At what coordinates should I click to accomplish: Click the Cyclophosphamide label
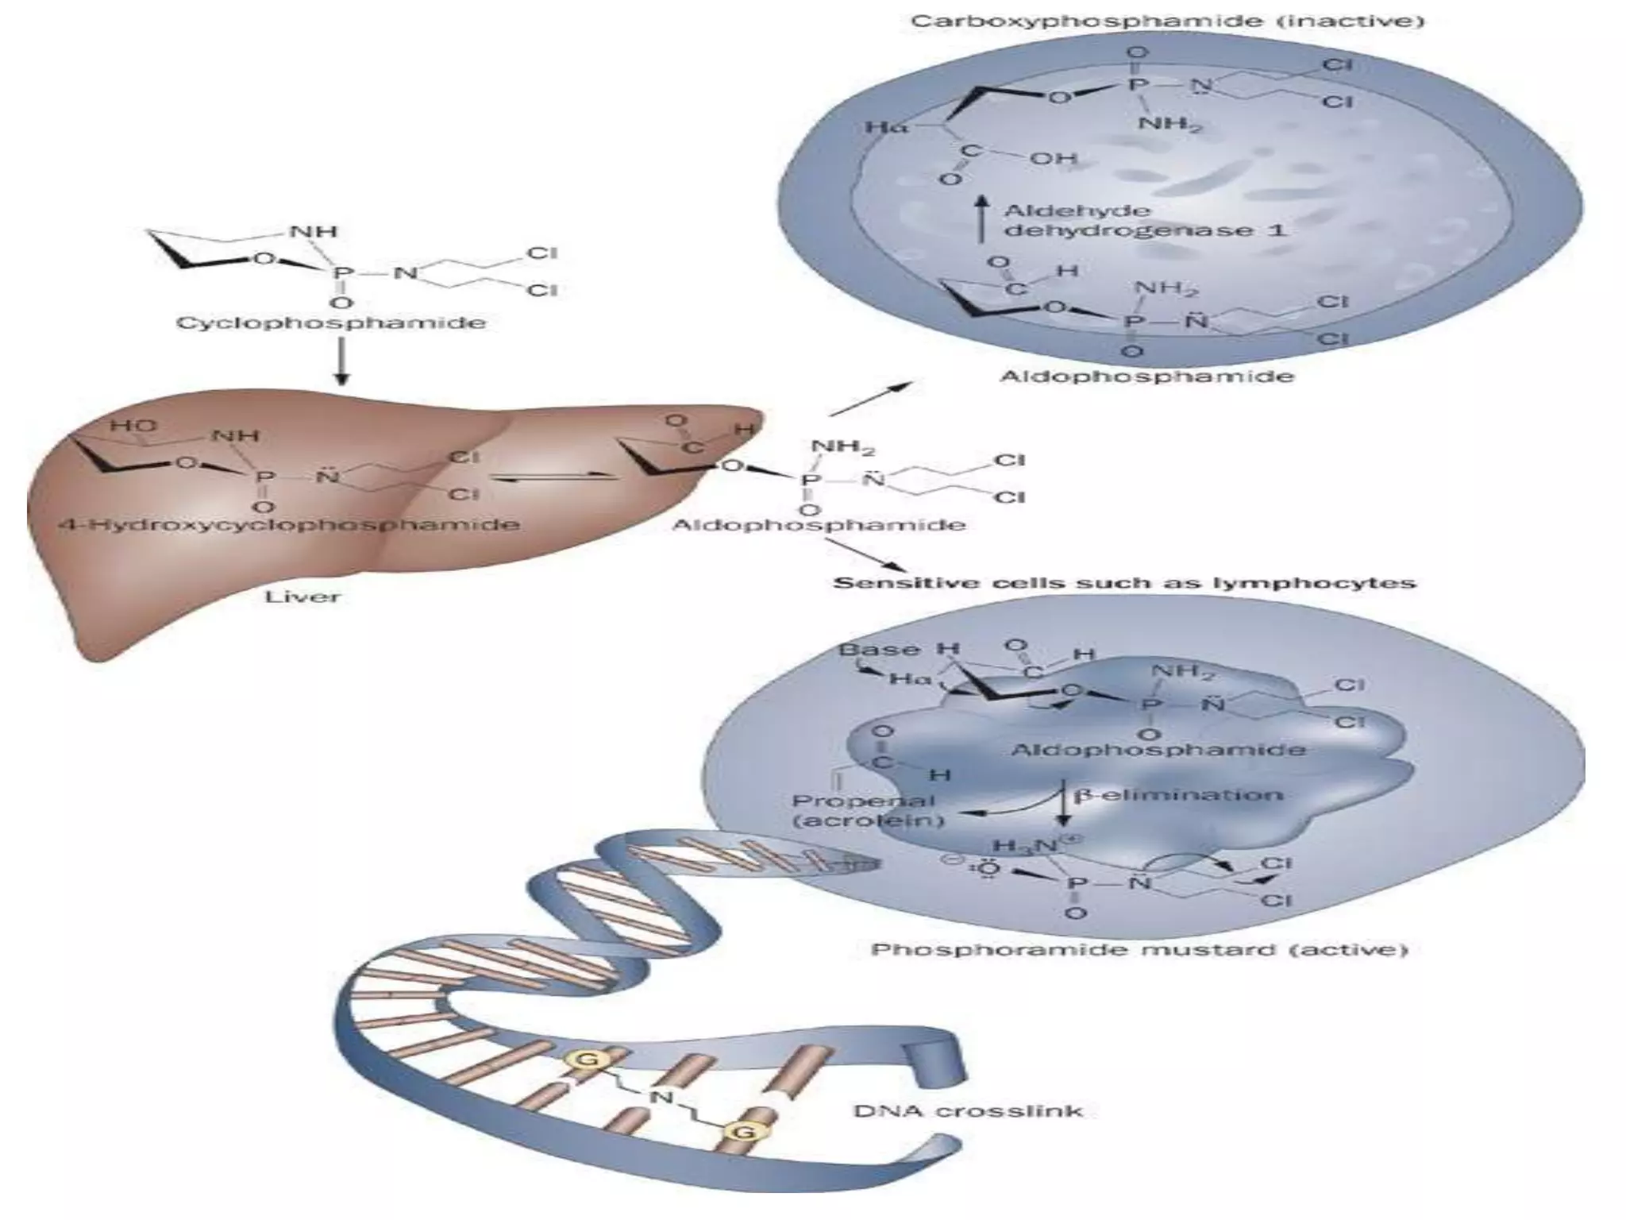pos(330,323)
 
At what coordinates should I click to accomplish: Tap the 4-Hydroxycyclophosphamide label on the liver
pos(290,525)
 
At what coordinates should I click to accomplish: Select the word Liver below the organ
pos(302,596)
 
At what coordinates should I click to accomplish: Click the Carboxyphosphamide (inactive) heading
pos(1167,21)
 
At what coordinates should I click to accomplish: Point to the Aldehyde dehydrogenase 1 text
pos(1144,221)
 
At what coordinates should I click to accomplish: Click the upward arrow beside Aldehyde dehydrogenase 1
pos(982,219)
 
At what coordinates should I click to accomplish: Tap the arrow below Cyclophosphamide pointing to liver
pos(341,361)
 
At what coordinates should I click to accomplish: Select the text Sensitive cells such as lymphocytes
pos(1123,583)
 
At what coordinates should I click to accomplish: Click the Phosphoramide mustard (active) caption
pos(1139,950)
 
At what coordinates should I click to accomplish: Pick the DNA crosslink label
pos(968,1110)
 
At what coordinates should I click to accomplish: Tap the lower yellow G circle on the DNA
pos(743,1130)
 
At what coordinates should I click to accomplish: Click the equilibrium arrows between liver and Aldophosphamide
pos(553,477)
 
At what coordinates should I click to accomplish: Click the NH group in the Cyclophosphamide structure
pos(314,232)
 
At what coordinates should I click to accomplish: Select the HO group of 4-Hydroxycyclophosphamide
pos(133,427)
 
